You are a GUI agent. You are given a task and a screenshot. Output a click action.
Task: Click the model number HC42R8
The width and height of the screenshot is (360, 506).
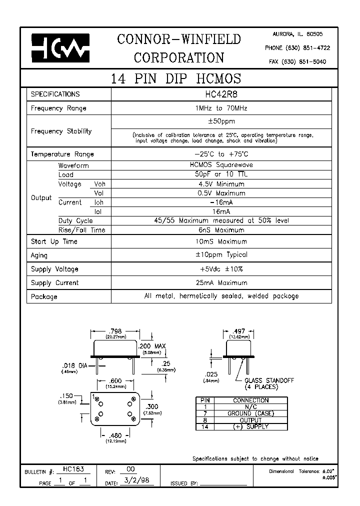[x=220, y=94]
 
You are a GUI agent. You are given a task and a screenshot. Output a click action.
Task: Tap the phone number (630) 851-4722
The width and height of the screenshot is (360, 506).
[x=297, y=48]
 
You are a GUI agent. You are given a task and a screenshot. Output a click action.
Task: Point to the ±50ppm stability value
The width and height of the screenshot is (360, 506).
[x=220, y=121]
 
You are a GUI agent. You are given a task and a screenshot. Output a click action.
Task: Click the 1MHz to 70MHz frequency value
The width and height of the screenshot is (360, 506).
[x=220, y=108]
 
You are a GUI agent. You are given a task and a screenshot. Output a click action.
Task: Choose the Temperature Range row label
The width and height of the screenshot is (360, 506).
[x=62, y=154]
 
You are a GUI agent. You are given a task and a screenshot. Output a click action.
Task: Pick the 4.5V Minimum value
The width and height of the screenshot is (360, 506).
[x=220, y=184]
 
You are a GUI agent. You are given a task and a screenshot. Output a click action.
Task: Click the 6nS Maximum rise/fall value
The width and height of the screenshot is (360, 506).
[x=220, y=230]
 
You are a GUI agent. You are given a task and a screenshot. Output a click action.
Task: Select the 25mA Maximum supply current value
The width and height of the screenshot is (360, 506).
[x=220, y=282]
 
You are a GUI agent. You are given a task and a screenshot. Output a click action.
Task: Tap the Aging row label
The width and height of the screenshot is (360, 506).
[x=39, y=255]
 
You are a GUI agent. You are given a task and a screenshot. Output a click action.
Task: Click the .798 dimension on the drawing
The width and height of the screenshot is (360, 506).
[x=115, y=331]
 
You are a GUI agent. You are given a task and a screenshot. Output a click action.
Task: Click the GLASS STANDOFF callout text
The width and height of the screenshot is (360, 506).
[x=269, y=381]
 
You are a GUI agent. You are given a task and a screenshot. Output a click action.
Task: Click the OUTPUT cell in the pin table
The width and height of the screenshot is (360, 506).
[x=250, y=420]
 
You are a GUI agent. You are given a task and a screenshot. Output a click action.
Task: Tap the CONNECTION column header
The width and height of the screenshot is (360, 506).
[x=250, y=400]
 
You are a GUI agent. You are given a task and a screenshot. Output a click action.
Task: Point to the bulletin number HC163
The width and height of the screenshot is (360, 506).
[x=73, y=469]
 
